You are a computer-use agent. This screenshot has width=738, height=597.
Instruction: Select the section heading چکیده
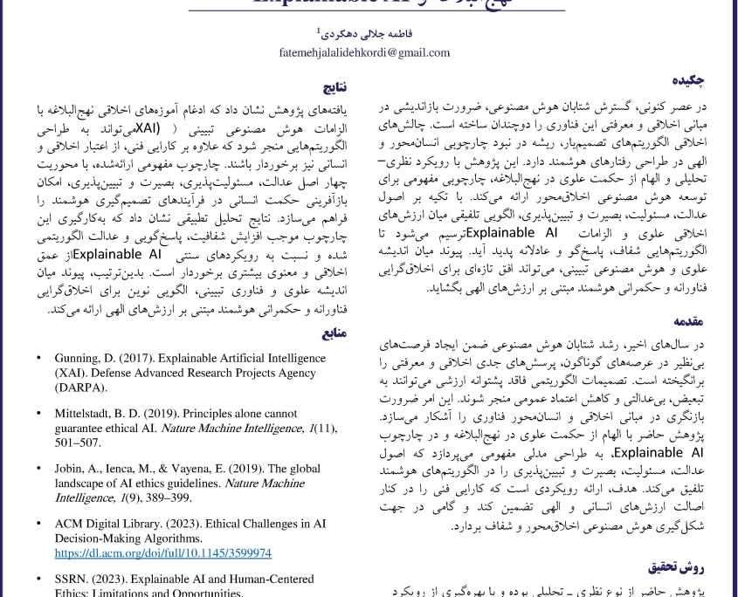(689, 80)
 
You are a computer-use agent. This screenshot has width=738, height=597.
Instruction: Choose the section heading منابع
(335, 333)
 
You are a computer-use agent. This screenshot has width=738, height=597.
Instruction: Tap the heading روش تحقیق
(676, 566)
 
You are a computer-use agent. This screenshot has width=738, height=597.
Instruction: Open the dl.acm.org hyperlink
(163, 553)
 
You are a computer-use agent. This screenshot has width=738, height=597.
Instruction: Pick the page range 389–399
(168, 497)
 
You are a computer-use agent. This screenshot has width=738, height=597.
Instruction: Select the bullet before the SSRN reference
(38, 579)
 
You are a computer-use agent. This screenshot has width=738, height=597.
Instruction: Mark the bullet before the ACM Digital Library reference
(38, 524)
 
